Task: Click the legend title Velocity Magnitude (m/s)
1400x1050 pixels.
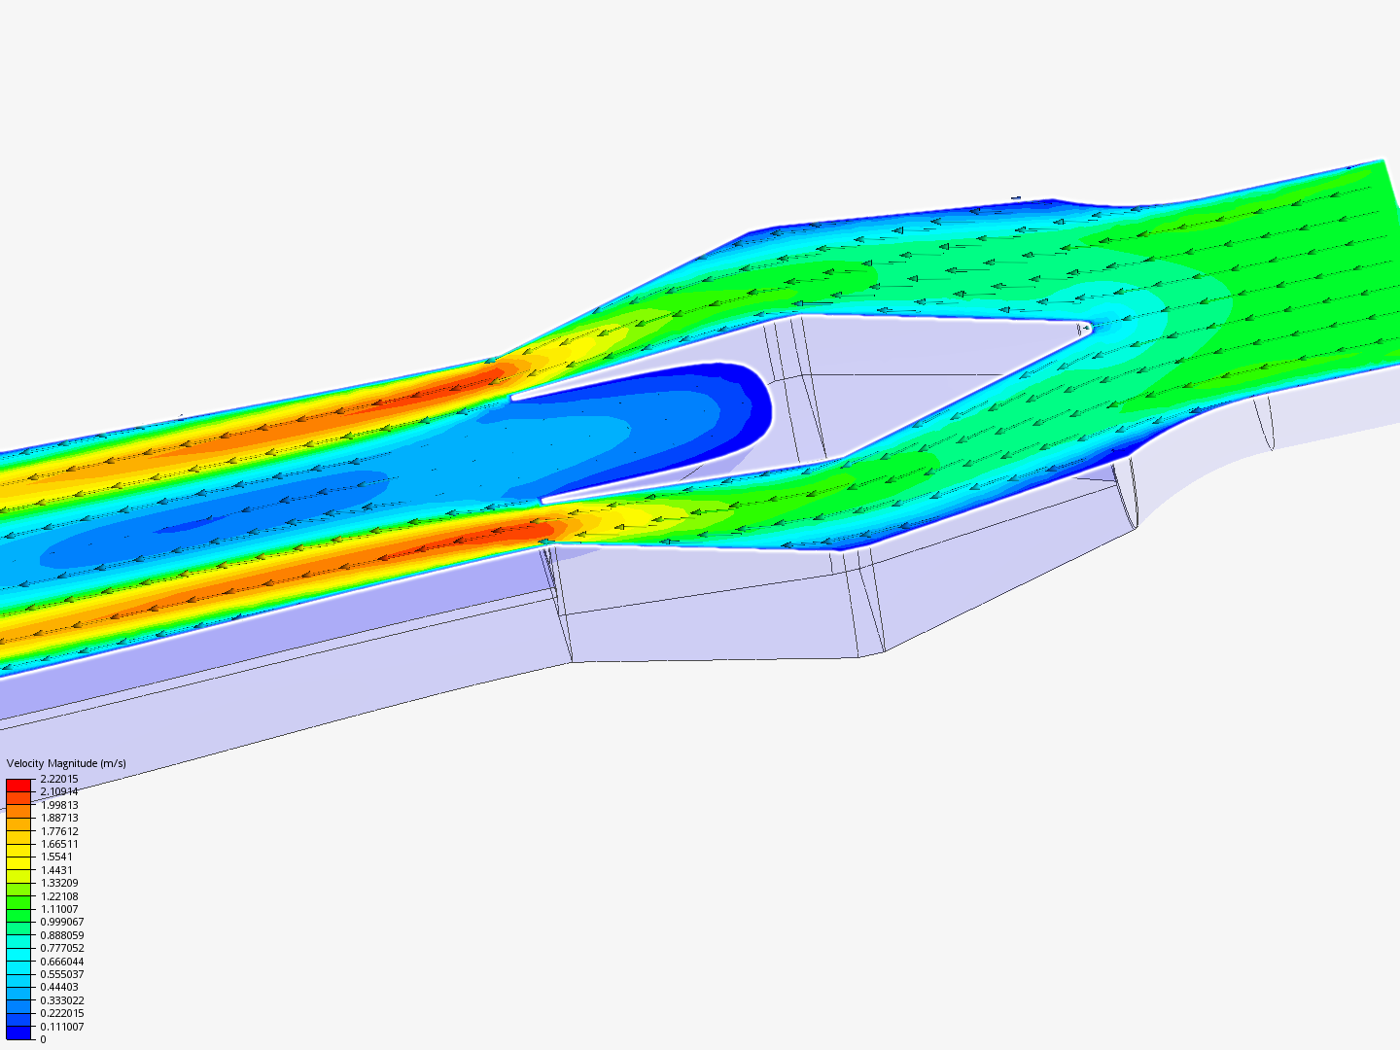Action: [x=66, y=763]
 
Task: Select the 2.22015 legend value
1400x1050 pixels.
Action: [x=58, y=779]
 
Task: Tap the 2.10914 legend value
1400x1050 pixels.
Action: [x=58, y=791]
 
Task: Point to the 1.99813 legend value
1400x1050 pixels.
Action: [x=58, y=805]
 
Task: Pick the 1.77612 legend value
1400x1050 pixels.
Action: [x=58, y=830]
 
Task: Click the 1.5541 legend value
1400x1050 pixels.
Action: [x=56, y=857]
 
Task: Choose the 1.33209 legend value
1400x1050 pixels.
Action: [x=58, y=883]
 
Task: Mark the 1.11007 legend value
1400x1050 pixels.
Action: [x=58, y=909]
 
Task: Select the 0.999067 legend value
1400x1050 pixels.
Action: [x=62, y=922]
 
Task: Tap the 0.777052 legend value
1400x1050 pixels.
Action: [x=62, y=948]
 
